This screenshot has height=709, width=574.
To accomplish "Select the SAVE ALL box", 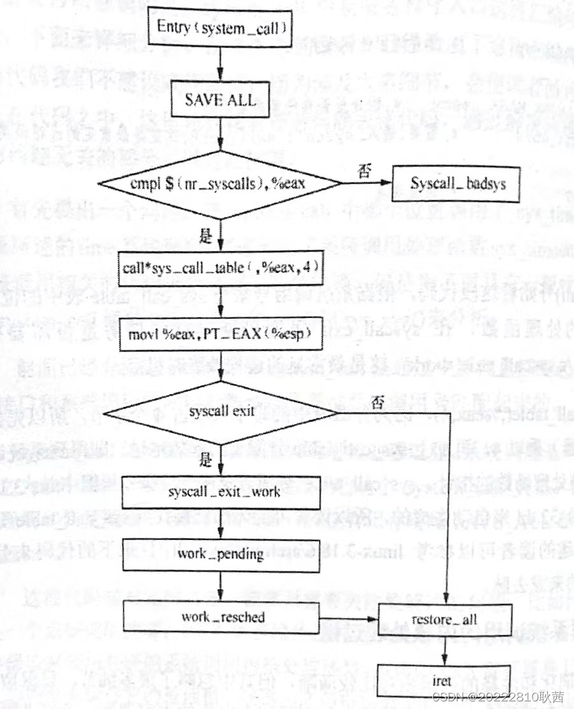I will pyautogui.click(x=220, y=99).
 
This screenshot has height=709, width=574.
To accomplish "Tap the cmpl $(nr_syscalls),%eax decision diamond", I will pyautogui.click(x=220, y=184).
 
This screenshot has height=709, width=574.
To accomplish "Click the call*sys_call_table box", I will pyautogui.click(x=220, y=268).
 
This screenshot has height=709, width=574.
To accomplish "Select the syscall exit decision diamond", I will pyautogui.click(x=220, y=411).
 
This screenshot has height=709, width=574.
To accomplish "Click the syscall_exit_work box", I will pyautogui.click(x=220, y=492).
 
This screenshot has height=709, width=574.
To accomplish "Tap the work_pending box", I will pyautogui.click(x=220, y=554).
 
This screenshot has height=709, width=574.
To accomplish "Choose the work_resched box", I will pyautogui.click(x=220, y=616).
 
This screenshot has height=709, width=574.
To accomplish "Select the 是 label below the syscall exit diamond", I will pyautogui.click(x=205, y=460).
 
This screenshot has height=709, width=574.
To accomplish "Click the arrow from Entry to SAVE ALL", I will pyautogui.click(x=220, y=65).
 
